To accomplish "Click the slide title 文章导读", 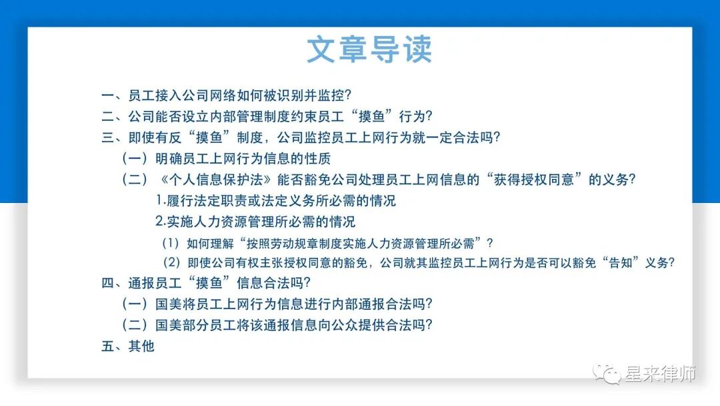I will [369, 50].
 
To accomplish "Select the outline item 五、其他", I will [127, 346].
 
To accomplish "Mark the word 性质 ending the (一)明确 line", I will [317, 159].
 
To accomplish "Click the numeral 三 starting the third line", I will [107, 138].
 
